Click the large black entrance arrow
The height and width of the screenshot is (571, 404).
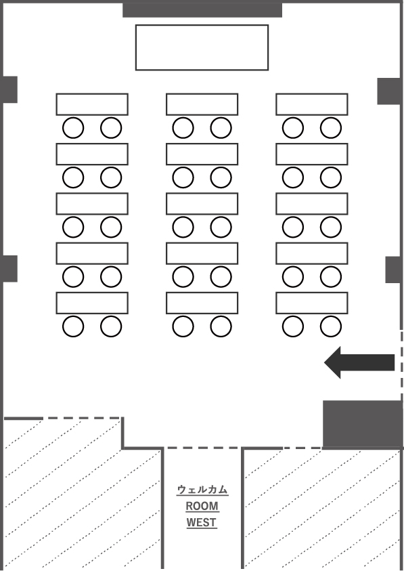tap(359, 362)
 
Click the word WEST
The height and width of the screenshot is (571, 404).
tap(202, 522)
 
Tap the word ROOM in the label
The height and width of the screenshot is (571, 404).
tap(202, 506)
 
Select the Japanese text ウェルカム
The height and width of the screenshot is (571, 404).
tap(202, 490)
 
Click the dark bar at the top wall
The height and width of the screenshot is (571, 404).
tap(202, 10)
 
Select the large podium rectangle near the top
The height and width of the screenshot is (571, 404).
tap(202, 47)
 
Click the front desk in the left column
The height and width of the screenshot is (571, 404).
tap(92, 104)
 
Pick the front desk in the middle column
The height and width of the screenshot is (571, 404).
tap(202, 104)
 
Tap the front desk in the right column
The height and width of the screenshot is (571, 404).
tap(312, 104)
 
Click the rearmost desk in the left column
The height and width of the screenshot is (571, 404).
tap(92, 303)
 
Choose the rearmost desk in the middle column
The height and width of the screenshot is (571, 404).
tap(202, 303)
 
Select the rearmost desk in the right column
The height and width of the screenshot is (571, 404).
tap(312, 303)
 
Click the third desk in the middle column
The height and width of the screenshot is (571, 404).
tap(202, 204)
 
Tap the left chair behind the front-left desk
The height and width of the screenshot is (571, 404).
tap(73, 128)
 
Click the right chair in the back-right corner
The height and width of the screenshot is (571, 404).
tap(331, 326)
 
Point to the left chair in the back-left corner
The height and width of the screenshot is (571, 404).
tap(73, 326)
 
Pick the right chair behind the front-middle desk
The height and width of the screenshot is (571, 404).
tap(221, 128)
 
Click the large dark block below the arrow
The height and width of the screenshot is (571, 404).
tap(363, 424)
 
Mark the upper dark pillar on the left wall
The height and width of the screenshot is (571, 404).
tap(9, 89)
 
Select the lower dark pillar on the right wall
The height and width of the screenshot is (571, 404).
tap(393, 270)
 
